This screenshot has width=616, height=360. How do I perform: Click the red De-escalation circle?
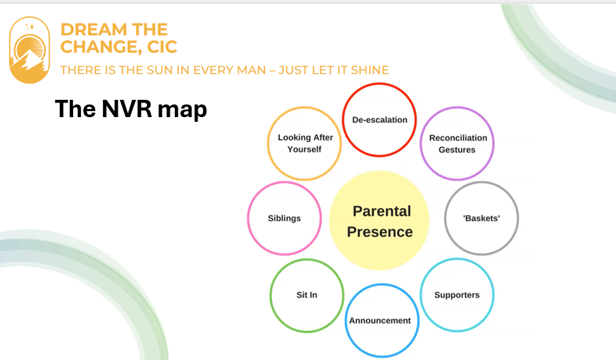pyautogui.click(x=379, y=84)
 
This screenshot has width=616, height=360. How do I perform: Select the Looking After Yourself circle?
pyautogui.click(x=305, y=108)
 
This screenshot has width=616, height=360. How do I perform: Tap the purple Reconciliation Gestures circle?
pyautogui.click(x=457, y=108)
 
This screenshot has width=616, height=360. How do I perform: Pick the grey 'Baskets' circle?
pyautogui.click(x=481, y=182)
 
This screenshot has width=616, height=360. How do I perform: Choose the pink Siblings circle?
pyautogui.click(x=285, y=182)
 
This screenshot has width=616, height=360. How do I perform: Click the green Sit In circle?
pyautogui.click(x=307, y=260)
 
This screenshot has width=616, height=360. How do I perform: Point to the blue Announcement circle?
pyautogui.click(x=382, y=285)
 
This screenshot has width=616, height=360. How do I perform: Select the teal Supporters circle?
pyautogui.click(x=457, y=260)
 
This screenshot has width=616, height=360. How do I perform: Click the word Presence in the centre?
pyautogui.click(x=380, y=232)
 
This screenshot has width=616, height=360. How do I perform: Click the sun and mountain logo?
pyautogui.click(x=29, y=50)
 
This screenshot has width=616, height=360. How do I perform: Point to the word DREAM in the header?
pyautogui.click(x=94, y=29)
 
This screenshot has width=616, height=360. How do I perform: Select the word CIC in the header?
pyautogui.click(x=162, y=47)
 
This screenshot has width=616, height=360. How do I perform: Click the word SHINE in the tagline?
pyautogui.click(x=370, y=70)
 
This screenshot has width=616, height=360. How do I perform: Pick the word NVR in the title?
pyautogui.click(x=126, y=108)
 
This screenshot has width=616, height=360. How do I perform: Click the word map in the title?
pyautogui.click(x=182, y=110)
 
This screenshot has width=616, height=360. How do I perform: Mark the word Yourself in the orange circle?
pyautogui.click(x=305, y=149)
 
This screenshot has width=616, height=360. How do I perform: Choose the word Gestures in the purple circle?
pyautogui.click(x=457, y=150)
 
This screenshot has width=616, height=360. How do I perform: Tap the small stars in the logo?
pyautogui.click(x=29, y=27)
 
